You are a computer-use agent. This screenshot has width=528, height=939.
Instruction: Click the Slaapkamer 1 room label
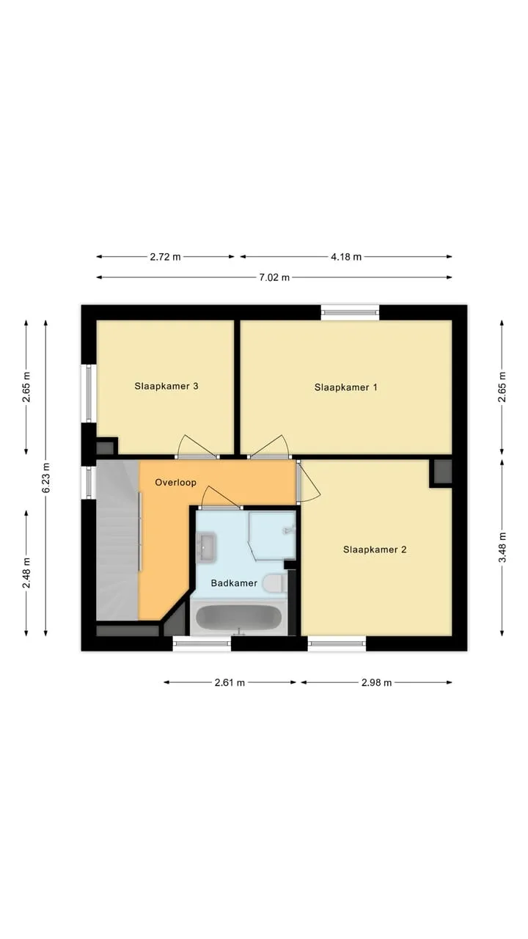345,387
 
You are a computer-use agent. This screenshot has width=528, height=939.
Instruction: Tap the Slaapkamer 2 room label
375,549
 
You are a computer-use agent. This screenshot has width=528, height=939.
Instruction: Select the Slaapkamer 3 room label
166,386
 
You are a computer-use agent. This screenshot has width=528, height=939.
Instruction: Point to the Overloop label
175,483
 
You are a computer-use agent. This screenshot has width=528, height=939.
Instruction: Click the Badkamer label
234,583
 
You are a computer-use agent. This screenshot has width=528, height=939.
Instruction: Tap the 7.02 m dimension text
274,277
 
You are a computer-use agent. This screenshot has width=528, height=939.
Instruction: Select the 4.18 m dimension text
346,257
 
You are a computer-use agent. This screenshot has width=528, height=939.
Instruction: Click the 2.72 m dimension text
165,257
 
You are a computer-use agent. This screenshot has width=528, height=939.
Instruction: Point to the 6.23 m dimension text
45,478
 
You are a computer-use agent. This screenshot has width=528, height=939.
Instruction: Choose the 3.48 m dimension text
502,547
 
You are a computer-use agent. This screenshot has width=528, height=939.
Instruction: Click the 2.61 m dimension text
230,683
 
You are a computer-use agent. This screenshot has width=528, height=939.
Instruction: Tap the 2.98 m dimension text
376,683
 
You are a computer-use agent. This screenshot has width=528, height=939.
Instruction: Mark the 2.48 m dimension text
26,573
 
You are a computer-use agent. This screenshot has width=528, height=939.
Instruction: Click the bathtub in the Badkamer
239,618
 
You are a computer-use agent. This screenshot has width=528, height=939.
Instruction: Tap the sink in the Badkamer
206,547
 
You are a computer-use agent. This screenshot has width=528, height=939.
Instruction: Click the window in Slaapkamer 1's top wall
351,313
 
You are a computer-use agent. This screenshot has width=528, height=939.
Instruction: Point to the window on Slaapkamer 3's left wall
89,393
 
